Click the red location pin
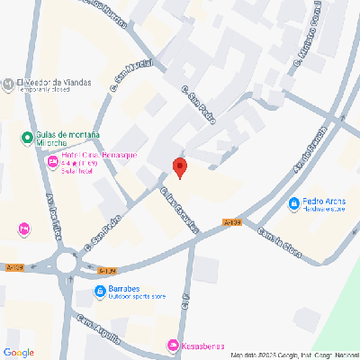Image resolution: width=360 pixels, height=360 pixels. pyautogui.click(x=179, y=166)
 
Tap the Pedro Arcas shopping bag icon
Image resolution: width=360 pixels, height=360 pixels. pyautogui.click(x=294, y=204)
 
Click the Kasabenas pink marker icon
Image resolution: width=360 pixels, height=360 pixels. pyautogui.click(x=173, y=346)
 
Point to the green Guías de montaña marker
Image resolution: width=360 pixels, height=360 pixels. pyautogui.click(x=27, y=138)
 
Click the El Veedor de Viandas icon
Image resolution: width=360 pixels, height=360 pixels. pyautogui.click(x=8, y=84)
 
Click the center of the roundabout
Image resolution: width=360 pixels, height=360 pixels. pyautogui.click(x=67, y=264)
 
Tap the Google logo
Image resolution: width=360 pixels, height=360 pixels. pyautogui.click(x=19, y=352)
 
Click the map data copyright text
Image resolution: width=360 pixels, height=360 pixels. pyautogui.click(x=294, y=355)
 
